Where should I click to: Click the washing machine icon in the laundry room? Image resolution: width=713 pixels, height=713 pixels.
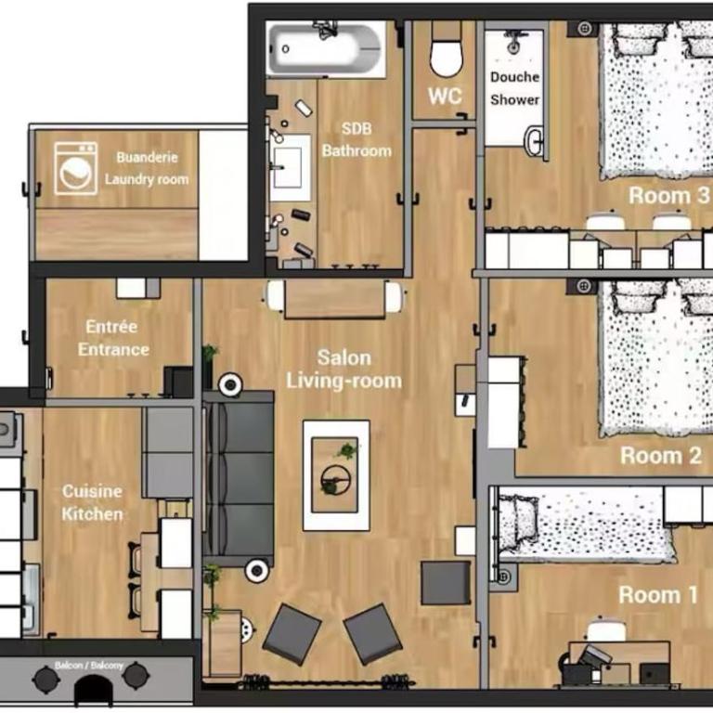(75, 168)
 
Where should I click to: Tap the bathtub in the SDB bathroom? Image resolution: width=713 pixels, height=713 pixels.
(326, 48)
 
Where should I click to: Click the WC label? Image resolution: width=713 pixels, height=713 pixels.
(445, 96)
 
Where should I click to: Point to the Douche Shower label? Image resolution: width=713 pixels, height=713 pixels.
(514, 88)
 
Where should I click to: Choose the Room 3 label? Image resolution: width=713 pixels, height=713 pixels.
(668, 196)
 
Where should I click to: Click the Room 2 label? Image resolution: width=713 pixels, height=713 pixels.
(661, 455)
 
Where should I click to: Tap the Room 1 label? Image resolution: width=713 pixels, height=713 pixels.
(658, 594)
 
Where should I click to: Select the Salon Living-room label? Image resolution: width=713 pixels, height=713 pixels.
(344, 369)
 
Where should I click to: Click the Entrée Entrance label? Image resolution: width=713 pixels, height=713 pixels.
(112, 338)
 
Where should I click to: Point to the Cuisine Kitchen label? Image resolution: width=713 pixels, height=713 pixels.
(92, 502)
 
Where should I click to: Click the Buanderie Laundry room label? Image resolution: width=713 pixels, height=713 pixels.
(147, 168)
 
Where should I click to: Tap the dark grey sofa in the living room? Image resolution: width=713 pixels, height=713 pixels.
(239, 478)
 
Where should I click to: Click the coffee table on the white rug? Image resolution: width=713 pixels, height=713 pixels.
(335, 474)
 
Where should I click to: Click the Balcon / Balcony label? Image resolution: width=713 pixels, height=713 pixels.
(89, 666)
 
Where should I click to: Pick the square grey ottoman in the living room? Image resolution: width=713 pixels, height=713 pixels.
(446, 583)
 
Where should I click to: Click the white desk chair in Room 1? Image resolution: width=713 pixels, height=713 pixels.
(606, 630)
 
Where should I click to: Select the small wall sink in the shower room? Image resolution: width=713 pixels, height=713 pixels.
(534, 141)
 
